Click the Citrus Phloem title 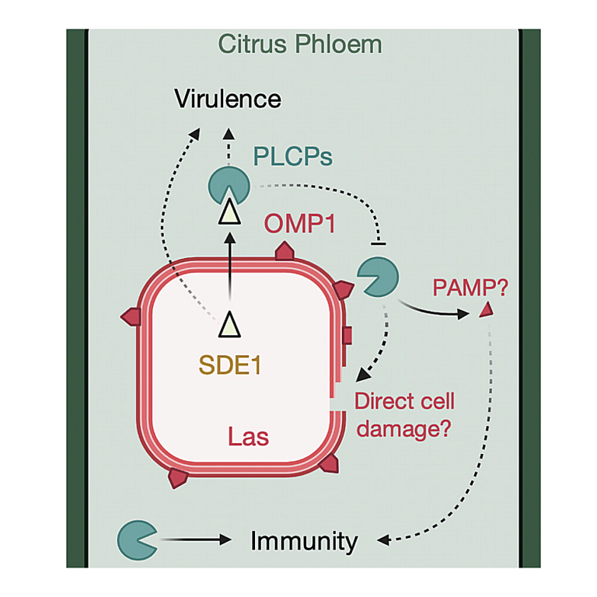pyautogui.click(x=300, y=44)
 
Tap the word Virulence pyautogui.click(x=228, y=99)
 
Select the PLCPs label pyautogui.click(x=293, y=156)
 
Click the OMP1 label pyautogui.click(x=299, y=224)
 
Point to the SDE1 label pyautogui.click(x=230, y=365)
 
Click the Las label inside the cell pyautogui.click(x=249, y=436)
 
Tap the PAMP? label pyautogui.click(x=470, y=288)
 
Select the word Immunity pyautogui.click(x=304, y=542)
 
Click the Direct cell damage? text pyautogui.click(x=404, y=415)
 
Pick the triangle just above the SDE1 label pyautogui.click(x=229, y=325)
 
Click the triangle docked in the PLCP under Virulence pyautogui.click(x=229, y=211)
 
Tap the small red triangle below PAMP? pyautogui.click(x=487, y=309)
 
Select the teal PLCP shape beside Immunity pyautogui.click(x=137, y=540)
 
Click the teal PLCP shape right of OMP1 pyautogui.click(x=378, y=277)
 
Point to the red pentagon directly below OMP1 pyautogui.click(x=285, y=250)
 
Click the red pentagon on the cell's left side pyautogui.click(x=131, y=316)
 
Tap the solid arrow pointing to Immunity pyautogui.click(x=197, y=539)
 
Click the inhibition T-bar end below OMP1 pyautogui.click(x=378, y=243)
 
